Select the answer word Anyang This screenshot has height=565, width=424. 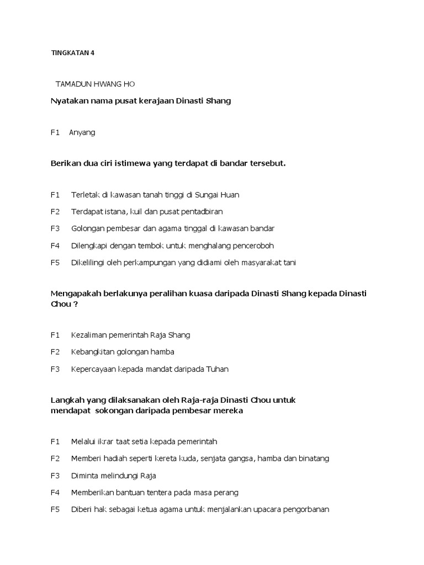[x=82, y=132]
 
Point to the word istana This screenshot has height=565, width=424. [x=116, y=211]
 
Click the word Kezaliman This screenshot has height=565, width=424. [x=89, y=335]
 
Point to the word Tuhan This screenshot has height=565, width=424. [x=217, y=369]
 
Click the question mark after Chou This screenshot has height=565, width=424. [x=76, y=304]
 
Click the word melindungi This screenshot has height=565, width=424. [x=121, y=476]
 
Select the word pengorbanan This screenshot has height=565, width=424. [x=302, y=510]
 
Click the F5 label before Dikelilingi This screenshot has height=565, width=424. [x=55, y=263]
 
